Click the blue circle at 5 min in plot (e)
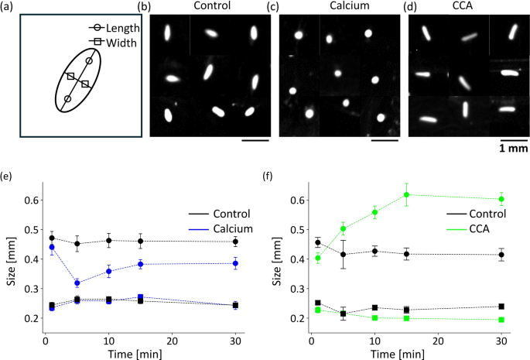pos(77,283)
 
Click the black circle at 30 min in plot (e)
pos(235,242)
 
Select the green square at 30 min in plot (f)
pos(501,320)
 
